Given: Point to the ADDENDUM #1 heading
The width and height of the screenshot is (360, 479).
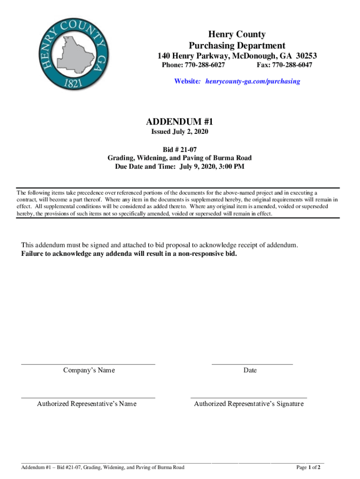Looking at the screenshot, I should [x=180, y=122].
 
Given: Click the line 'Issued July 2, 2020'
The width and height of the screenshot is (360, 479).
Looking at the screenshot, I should [x=180, y=132].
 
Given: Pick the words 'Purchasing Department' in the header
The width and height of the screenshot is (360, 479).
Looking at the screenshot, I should [x=237, y=45].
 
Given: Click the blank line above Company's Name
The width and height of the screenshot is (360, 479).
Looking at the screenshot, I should [x=88, y=363].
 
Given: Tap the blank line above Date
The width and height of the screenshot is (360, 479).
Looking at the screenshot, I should [x=252, y=363].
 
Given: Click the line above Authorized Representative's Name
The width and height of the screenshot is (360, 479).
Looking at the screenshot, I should [x=88, y=397].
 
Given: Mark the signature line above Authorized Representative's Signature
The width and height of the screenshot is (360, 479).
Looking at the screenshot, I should [x=249, y=397].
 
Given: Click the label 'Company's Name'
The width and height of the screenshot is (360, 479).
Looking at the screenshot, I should [x=89, y=370].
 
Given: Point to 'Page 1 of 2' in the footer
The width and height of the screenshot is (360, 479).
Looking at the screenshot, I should [x=308, y=467].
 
